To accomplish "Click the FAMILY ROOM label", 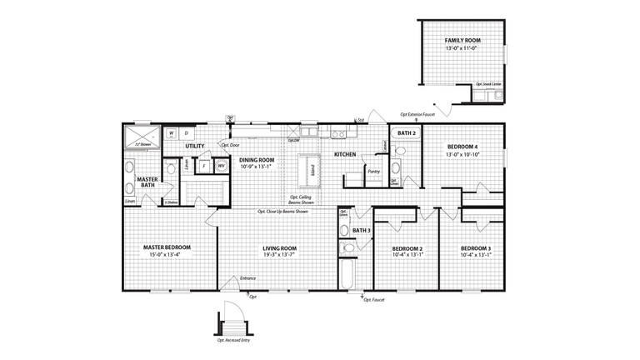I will [462, 40].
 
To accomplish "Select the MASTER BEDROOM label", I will [167, 247].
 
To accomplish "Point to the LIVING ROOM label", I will [280, 247].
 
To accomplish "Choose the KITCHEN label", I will [346, 155].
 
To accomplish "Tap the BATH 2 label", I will [406, 133].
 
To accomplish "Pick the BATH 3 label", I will [361, 231].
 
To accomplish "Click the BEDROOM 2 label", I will [408, 248].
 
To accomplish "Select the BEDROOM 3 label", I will [476, 248].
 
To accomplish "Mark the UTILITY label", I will [195, 147].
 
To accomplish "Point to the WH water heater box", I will [222, 166].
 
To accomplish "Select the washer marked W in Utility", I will [171, 132].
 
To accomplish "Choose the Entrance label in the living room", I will [247, 277].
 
